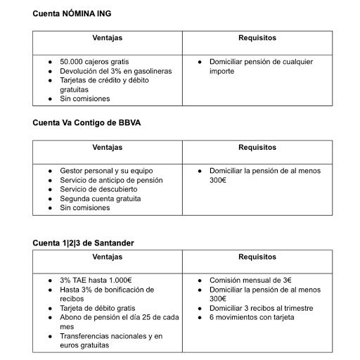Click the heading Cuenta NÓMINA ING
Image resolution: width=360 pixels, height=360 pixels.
pyautogui.click(x=72, y=13)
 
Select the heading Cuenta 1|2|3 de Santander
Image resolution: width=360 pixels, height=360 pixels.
pyautogui.click(x=83, y=243)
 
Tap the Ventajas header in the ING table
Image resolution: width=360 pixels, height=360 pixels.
pyautogui.click(x=107, y=38)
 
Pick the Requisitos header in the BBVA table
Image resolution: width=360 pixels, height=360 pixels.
pyautogui.click(x=257, y=148)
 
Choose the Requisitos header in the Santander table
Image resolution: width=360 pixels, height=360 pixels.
pyautogui.click(x=257, y=257)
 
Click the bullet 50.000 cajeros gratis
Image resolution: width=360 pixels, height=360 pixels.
pyautogui.click(x=94, y=62)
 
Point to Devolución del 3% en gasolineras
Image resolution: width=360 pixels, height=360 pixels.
pyautogui.click(x=116, y=71)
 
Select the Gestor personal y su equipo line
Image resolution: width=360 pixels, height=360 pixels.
pyautogui.click(x=106, y=171)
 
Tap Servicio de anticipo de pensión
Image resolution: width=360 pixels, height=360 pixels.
pyautogui.click(x=111, y=180)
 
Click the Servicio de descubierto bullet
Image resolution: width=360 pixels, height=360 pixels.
pyautogui.click(x=98, y=189)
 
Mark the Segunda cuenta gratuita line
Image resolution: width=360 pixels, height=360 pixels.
pyautogui.click(x=101, y=198)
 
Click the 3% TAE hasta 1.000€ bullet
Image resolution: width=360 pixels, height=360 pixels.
pyautogui.click(x=96, y=281)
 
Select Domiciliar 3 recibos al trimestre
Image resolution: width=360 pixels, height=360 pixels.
pyautogui.click(x=261, y=308)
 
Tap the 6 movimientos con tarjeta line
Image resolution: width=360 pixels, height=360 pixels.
pyautogui.click(x=252, y=317)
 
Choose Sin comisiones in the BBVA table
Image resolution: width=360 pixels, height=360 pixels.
pyautogui.click(x=85, y=207)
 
